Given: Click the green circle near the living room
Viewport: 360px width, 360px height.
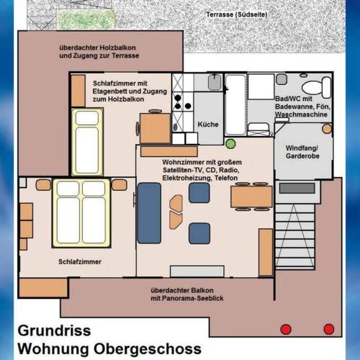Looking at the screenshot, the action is click(x=230, y=143).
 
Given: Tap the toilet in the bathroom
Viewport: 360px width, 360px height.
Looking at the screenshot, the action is click(x=316, y=87).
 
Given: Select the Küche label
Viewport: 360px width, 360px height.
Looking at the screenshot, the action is click(x=208, y=125).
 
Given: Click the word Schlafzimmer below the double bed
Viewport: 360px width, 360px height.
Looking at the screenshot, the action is click(x=80, y=261).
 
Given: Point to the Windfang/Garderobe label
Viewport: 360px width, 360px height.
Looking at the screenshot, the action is click(x=302, y=152).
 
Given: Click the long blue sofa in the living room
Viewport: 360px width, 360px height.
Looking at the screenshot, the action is click(x=149, y=213).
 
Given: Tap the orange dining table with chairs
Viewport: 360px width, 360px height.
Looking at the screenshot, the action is click(x=251, y=197).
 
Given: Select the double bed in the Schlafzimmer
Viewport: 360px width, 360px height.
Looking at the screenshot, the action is click(x=81, y=213).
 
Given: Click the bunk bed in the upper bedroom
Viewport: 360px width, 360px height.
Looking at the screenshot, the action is click(x=87, y=142).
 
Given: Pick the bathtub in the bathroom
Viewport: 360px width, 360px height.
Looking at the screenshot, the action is click(x=235, y=105).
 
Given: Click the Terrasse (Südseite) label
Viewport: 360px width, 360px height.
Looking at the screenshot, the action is click(x=237, y=14).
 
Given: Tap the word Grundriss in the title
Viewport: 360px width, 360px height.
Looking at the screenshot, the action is click(x=54, y=330).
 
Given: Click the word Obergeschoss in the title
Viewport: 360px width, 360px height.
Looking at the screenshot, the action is click(x=148, y=348).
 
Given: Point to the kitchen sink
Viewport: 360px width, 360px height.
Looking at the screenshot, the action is click(x=215, y=82).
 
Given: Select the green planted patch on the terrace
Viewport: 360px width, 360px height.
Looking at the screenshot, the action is click(x=84, y=19).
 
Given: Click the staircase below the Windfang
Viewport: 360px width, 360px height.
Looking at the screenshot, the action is click(x=294, y=236).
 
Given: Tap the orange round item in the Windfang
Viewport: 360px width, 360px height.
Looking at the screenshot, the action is click(x=327, y=129).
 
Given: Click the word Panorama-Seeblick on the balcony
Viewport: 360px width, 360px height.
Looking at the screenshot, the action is click(x=193, y=298).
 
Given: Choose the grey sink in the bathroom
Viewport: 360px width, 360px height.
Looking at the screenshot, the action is click(x=282, y=79).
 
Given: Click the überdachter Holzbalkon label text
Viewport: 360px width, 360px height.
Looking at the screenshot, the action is click(x=97, y=48).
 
